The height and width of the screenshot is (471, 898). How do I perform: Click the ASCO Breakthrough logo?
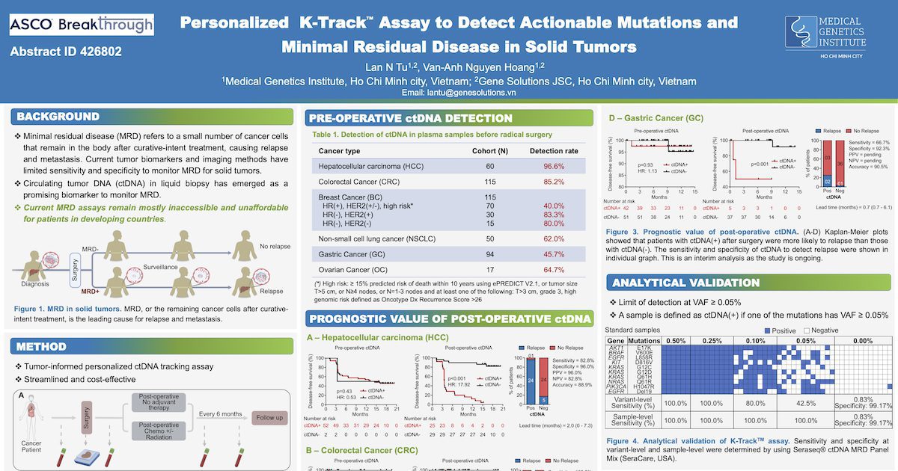[82, 25]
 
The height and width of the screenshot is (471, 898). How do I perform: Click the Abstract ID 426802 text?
[66, 52]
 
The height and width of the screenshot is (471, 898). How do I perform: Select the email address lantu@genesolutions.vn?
[459, 93]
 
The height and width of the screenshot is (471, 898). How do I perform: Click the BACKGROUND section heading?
[58, 117]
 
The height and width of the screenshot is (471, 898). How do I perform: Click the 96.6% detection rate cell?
[553, 166]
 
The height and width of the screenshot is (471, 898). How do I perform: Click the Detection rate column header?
[553, 151]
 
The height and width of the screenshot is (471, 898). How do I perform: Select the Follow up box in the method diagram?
[270, 417]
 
